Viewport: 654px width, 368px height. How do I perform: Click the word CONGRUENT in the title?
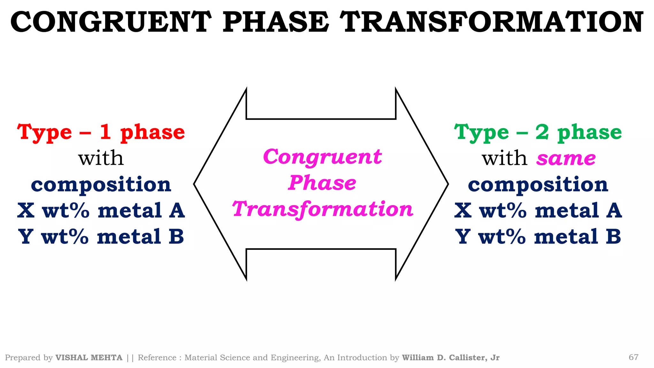pos(111,22)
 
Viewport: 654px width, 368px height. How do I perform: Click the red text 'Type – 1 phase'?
pos(101,132)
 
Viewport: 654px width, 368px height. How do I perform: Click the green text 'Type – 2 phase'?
pos(538,132)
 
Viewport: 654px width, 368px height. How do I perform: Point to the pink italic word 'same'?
pos(566,158)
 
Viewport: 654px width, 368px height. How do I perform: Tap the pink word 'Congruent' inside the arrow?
pos(322,157)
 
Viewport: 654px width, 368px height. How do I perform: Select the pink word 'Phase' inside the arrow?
pos(322,183)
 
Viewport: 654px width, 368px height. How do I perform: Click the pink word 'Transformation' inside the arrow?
pos(323,209)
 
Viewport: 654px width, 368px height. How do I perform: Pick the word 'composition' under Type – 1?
pos(101,185)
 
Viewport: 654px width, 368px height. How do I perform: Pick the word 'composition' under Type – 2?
pos(538,185)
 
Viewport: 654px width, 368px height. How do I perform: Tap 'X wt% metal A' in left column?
pos(101,211)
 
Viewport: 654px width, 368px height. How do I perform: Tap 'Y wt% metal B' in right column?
pos(538,237)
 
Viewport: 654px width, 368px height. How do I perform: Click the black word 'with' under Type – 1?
pos(101,158)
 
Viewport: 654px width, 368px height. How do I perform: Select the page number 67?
pos(633,357)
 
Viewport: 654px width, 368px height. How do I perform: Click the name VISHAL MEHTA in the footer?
pos(89,358)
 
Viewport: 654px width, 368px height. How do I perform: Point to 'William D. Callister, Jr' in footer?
pos(450,358)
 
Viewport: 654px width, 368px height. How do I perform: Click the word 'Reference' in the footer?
pos(157,358)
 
